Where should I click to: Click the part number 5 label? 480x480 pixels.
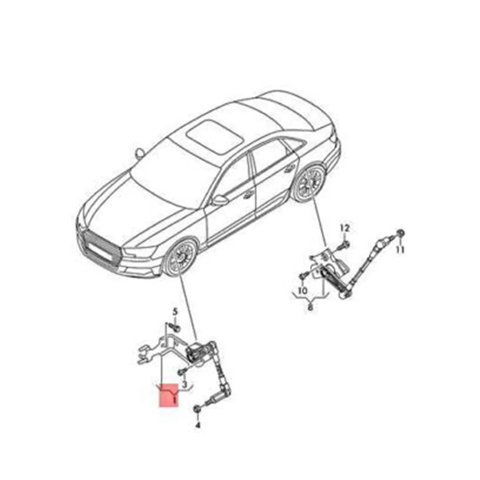click(174, 311)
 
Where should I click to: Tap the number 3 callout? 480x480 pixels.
click(184, 384)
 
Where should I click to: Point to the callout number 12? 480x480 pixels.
click(345, 228)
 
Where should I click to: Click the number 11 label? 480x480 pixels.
click(400, 250)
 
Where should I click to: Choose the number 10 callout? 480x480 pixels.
click(303, 290)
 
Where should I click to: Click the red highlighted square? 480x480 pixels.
click(168, 395)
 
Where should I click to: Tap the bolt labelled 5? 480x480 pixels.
click(175, 327)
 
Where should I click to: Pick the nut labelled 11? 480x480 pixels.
click(400, 234)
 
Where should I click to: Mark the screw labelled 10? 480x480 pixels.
click(303, 276)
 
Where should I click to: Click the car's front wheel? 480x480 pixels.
click(181, 257)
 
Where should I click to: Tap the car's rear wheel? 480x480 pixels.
click(310, 182)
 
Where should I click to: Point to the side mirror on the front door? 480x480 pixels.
click(219, 200)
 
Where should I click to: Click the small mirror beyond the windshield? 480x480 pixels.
click(140, 153)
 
